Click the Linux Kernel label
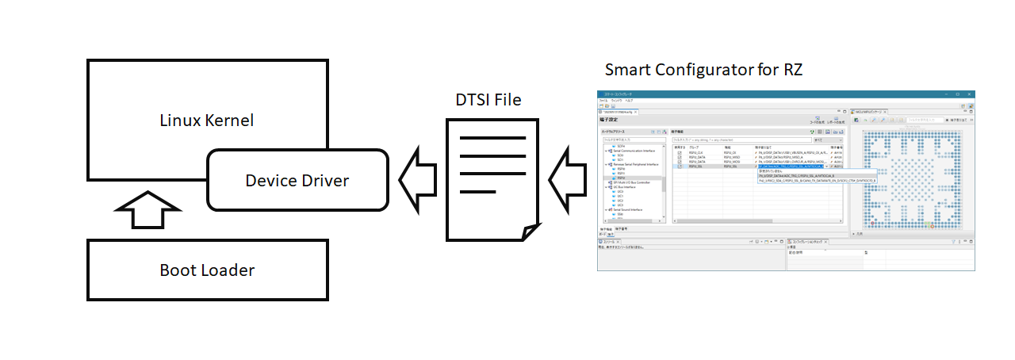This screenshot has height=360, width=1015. (x=207, y=121)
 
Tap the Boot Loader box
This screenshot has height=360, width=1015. (x=207, y=270)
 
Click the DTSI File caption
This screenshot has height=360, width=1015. (x=488, y=100)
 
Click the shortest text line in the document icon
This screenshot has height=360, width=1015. (x=477, y=191)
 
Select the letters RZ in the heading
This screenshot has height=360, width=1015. (x=792, y=70)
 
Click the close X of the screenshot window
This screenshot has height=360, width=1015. (x=970, y=94)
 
